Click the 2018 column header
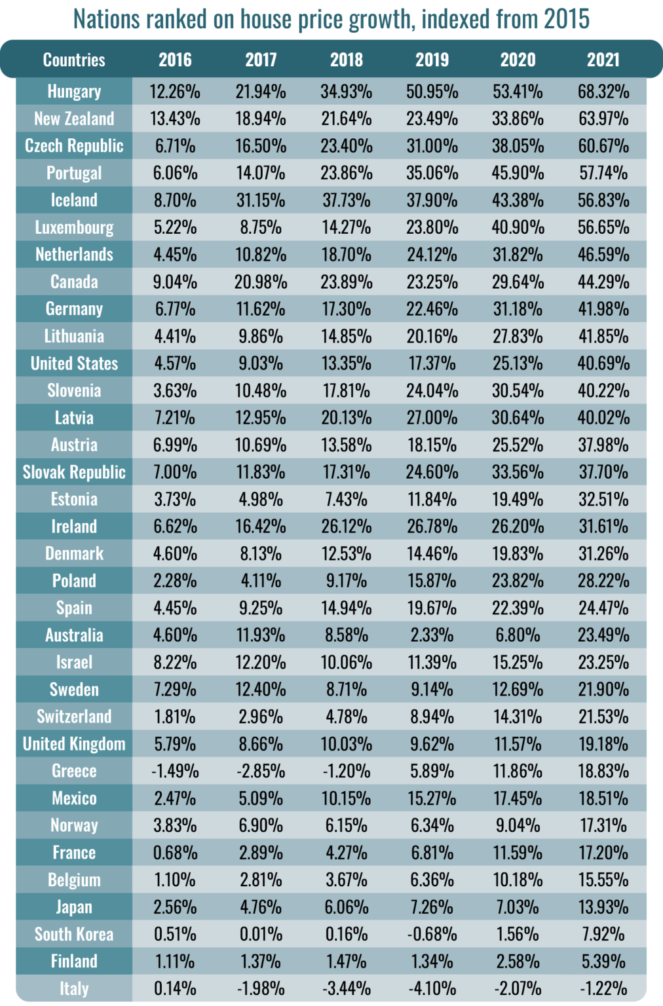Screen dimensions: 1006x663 point(347,60)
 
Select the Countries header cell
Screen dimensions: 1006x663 point(74,60)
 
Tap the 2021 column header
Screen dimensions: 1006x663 point(603,60)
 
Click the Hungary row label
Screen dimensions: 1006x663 point(74,91)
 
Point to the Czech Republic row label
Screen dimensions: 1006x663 point(74,145)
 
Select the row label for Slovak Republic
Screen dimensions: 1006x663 point(74,472)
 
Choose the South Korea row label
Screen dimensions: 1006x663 point(74,934)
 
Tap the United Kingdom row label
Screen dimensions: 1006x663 point(74,744)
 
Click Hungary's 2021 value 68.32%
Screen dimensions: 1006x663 point(603,91)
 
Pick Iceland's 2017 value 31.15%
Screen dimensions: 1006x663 point(261,200)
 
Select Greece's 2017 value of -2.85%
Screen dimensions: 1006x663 point(261,771)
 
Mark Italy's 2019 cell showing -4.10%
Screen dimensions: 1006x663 point(432,988)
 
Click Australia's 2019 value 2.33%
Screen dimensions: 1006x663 point(432,635)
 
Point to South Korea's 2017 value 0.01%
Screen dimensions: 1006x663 point(261,934)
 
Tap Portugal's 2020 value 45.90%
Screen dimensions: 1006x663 point(518,173)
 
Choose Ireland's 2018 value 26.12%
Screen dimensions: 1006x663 point(347,526)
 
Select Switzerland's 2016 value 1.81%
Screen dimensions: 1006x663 point(175,717)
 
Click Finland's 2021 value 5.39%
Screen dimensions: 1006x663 point(603,961)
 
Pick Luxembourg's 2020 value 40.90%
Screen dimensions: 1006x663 point(518,227)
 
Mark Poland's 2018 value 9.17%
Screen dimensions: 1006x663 point(347,580)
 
